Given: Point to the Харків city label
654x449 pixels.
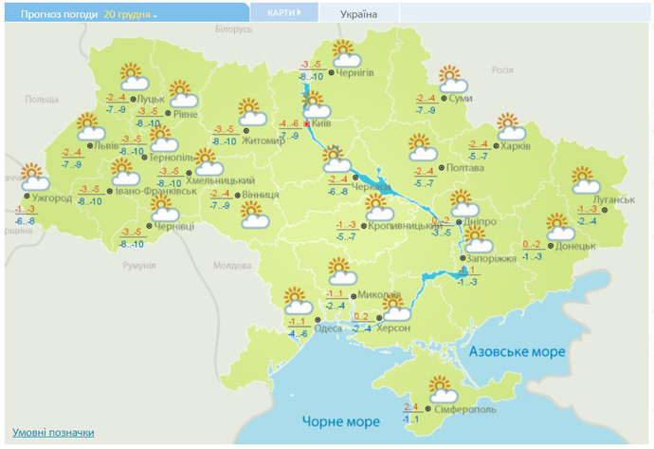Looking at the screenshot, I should (516, 146).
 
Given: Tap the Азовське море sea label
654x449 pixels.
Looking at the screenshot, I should (516, 352).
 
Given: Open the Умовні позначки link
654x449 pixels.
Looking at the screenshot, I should (53, 433).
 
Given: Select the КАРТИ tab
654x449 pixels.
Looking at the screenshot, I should (282, 13).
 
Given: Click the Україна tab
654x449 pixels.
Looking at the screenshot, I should (358, 14).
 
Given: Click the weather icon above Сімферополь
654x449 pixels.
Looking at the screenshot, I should (442, 389).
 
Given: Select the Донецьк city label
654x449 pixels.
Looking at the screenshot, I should (576, 246).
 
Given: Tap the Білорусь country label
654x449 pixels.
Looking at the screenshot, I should (233, 30).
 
